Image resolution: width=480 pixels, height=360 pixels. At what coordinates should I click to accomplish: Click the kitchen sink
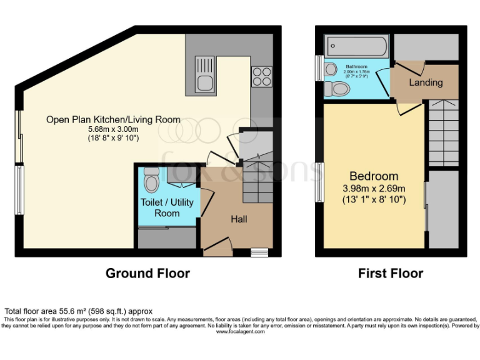click(204, 74)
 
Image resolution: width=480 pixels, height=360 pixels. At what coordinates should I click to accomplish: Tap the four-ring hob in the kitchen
click(262, 76)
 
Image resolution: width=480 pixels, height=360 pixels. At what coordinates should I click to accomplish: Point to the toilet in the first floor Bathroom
click(338, 89)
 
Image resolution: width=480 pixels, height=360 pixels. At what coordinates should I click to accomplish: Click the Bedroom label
click(374, 176)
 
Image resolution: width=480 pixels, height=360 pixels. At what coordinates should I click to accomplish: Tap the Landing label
click(426, 82)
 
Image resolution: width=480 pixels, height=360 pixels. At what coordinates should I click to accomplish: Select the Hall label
click(239, 219)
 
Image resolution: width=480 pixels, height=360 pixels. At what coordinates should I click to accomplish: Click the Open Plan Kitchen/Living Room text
click(113, 119)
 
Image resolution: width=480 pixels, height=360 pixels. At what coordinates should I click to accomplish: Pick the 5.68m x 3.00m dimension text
click(112, 129)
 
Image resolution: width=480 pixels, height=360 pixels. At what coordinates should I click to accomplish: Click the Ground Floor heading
click(147, 273)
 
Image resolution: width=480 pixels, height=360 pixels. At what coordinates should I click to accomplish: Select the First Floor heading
click(391, 273)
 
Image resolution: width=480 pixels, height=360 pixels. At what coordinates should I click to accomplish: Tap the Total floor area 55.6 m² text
click(78, 311)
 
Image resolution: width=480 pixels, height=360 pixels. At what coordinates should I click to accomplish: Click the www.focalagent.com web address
click(240, 332)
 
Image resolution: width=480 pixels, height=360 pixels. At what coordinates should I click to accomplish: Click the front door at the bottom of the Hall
click(217, 247)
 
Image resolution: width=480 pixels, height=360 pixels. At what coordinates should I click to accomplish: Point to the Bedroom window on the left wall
click(319, 181)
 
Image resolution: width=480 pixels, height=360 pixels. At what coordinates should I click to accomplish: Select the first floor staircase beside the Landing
click(443, 132)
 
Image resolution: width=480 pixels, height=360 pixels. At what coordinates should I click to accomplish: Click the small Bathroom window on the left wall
click(319, 69)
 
